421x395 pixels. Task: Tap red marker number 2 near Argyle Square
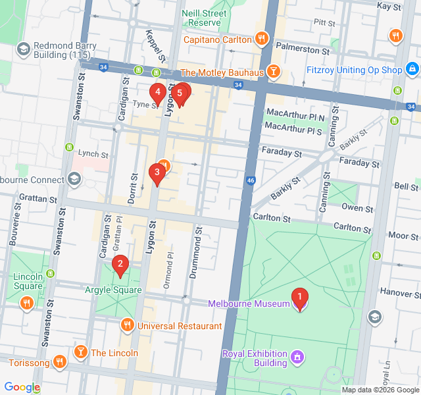pos(120,265)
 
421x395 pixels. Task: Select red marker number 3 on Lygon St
pos(157,173)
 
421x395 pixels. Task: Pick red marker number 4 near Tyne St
pos(157,93)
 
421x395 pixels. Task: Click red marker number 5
pos(180,93)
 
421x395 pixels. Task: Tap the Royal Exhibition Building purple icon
pos(297,357)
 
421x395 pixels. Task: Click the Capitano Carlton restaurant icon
pos(262,39)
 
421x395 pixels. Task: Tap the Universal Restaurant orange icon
pos(128,325)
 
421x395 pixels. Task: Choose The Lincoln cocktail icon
pos(81,352)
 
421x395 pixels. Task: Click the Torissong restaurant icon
pos(60,361)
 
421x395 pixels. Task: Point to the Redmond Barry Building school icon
pos(24,49)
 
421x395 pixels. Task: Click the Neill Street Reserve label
pos(204,18)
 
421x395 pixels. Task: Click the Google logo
pos(22,387)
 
